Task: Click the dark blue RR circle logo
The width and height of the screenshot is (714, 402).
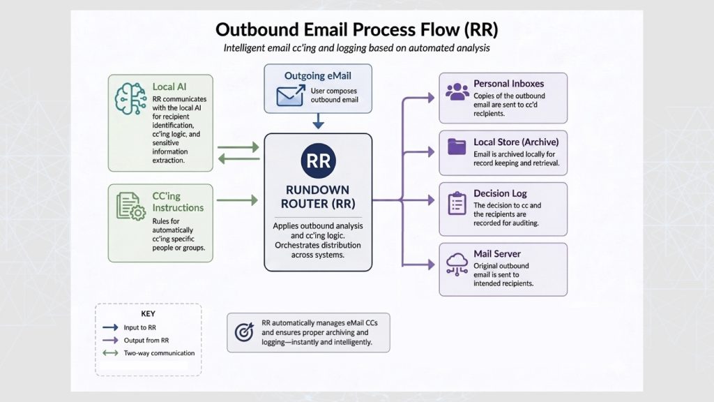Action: pyautogui.click(x=318, y=161)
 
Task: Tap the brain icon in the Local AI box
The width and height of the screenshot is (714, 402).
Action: pyautogui.click(x=130, y=98)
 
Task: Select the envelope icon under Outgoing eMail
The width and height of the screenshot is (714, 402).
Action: pyautogui.click(x=291, y=95)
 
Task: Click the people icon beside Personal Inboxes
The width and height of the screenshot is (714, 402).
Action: pyautogui.click(x=457, y=91)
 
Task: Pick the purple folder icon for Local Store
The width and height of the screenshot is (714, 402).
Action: pyautogui.click(x=457, y=147)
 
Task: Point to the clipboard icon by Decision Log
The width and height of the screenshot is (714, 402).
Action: pyautogui.click(x=457, y=203)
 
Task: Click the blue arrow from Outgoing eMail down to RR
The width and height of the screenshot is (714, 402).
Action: pyautogui.click(x=318, y=121)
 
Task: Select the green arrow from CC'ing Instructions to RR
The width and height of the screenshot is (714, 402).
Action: pyautogui.click(x=237, y=200)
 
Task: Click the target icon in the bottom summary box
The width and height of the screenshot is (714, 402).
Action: pyautogui.click(x=244, y=332)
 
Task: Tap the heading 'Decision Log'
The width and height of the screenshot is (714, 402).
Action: pyautogui.click(x=500, y=193)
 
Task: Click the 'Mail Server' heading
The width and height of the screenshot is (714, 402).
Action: pyautogui.click(x=496, y=253)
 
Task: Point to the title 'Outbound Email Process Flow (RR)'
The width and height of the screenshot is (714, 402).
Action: pyautogui.click(x=356, y=29)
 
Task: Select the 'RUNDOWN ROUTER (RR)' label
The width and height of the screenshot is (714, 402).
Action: pyautogui.click(x=318, y=196)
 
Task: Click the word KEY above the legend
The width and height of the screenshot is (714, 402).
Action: pyautogui.click(x=148, y=313)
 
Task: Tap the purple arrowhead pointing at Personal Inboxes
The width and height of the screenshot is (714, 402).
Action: pyautogui.click(x=431, y=98)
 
